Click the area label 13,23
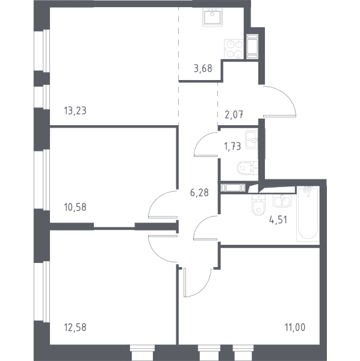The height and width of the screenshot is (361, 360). click(x=75, y=111)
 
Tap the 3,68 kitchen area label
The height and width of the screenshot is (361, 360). click(x=203, y=69)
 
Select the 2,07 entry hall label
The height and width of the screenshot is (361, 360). click(x=234, y=114)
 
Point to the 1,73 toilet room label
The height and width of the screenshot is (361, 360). click(x=232, y=146)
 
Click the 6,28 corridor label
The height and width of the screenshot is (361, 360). click(x=199, y=193)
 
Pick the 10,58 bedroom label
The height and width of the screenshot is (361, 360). click(x=75, y=207)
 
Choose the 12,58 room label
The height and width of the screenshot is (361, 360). click(x=75, y=327)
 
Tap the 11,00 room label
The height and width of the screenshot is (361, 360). click(x=295, y=327)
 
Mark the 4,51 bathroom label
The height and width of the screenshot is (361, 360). click(x=278, y=220)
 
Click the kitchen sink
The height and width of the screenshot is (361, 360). click(x=213, y=17)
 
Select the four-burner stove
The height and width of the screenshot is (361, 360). click(x=234, y=49)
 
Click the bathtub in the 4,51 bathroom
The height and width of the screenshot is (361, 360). click(x=308, y=214)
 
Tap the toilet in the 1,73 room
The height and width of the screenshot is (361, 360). click(x=247, y=168)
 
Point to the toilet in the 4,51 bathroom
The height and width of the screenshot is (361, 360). click(x=259, y=205)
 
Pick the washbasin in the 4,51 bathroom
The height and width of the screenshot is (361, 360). click(x=282, y=201)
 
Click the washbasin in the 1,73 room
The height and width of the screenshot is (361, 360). click(x=252, y=140)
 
